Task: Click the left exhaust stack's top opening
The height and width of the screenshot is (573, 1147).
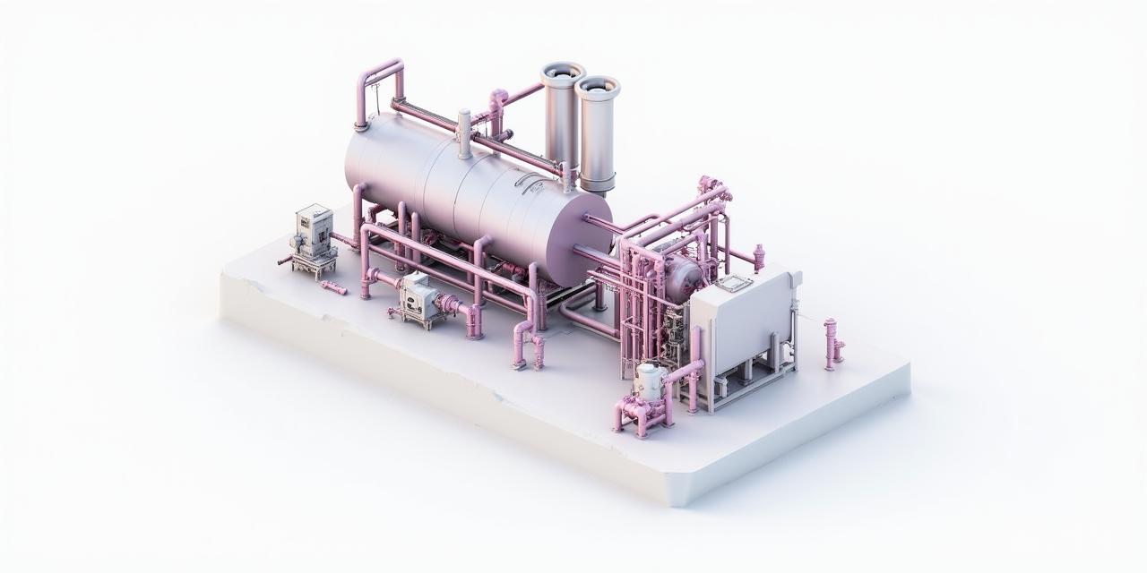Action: coord(563,70)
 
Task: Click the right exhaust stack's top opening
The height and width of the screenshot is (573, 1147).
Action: coord(598,85)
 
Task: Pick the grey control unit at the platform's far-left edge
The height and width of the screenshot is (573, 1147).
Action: coord(314,233)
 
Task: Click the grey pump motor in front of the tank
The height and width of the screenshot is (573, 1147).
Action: coord(416,295)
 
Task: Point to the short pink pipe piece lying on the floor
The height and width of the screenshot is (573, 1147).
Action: coord(332,286)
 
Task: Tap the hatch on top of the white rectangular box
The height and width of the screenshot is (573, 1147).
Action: coord(733,284)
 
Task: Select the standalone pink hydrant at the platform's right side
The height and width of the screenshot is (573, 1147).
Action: coord(832,343)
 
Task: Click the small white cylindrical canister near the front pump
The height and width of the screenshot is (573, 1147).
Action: coord(650,380)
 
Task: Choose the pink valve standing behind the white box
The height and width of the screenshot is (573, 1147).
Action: coord(759,257)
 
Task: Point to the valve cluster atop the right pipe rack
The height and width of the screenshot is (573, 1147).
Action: coord(713,189)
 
